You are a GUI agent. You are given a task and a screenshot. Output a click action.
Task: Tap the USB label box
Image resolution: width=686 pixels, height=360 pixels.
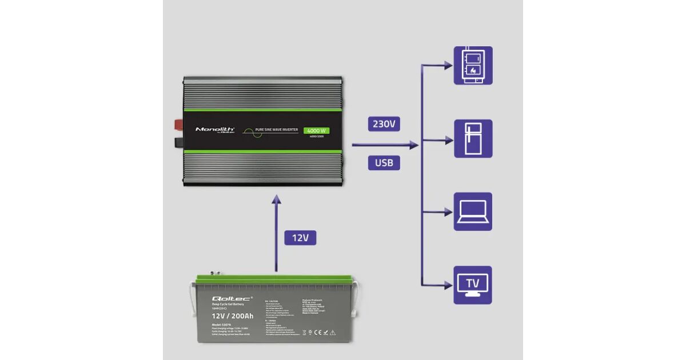[x=384, y=163]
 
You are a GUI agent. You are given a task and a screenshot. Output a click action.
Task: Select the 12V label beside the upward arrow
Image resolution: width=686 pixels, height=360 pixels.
[x=300, y=238]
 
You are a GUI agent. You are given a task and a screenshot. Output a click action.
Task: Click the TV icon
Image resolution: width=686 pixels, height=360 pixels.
[x=473, y=285]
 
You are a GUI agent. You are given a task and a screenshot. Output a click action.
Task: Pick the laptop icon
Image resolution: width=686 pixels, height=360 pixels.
[x=473, y=211]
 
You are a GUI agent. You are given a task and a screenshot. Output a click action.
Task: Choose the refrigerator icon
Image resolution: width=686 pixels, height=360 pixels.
[x=473, y=138]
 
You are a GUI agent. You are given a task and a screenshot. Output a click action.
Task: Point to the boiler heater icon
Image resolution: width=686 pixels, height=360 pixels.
[x=473, y=65]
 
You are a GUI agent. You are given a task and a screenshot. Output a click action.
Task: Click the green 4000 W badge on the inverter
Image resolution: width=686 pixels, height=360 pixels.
[x=316, y=130]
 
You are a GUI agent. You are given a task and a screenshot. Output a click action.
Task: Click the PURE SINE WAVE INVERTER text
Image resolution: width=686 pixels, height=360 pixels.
[x=277, y=130]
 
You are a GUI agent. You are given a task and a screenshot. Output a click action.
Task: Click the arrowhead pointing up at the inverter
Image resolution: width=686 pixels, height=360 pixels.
[x=276, y=199]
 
